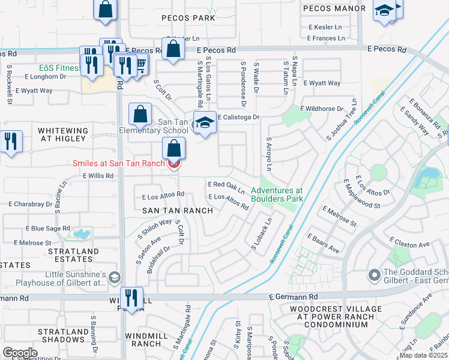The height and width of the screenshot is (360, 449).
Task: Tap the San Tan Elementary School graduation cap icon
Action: click(x=205, y=123)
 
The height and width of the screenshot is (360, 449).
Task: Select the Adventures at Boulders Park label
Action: click(x=282, y=194)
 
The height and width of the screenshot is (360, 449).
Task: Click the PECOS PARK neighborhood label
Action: click(x=188, y=18)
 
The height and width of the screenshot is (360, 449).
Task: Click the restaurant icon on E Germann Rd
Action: click(x=131, y=297)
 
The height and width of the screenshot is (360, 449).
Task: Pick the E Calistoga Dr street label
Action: click(x=238, y=117)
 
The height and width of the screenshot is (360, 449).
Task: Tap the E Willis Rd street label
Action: click(x=98, y=176)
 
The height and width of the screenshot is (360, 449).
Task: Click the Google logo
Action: click(x=20, y=352)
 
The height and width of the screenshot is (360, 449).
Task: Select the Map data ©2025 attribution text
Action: click(x=423, y=355)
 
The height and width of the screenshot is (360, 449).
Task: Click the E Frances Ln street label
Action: click(x=326, y=38)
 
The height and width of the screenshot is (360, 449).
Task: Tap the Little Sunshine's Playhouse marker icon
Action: click(x=115, y=277)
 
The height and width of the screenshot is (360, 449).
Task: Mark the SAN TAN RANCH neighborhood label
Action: click(x=177, y=211)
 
